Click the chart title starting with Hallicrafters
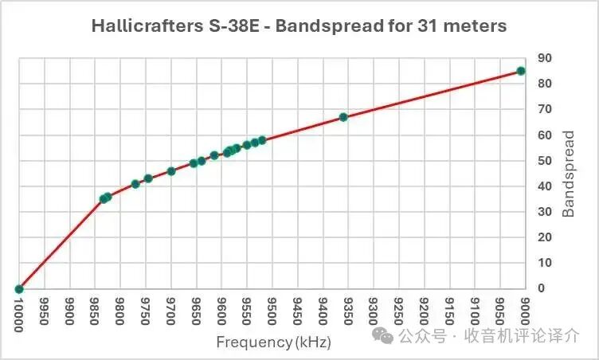[x=299, y=26]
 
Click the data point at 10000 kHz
[x=19, y=288]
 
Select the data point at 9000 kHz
[x=521, y=71]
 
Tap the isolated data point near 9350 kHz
[x=343, y=117]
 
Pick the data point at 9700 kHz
[x=171, y=171]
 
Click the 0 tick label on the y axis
[x=542, y=288]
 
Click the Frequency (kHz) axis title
[x=273, y=342]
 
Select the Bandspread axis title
[x=569, y=173]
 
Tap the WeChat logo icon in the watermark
[x=385, y=336]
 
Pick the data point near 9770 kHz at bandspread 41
[x=135, y=184]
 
